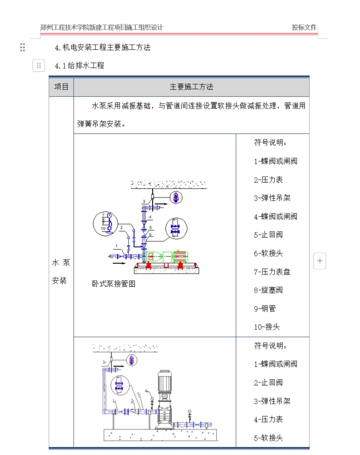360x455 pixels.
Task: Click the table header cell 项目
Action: pos(61,87)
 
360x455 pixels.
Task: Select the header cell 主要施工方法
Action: pos(191,87)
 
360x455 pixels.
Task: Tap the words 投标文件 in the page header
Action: pos(304,27)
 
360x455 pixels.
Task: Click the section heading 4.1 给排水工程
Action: pos(79,66)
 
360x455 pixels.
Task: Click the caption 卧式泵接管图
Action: pos(113,284)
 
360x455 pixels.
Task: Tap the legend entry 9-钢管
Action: pos(265,308)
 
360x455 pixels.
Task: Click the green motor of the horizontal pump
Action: pos(179,257)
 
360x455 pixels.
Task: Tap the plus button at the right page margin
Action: pos(320,261)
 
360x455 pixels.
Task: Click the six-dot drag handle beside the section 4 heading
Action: pos(23,48)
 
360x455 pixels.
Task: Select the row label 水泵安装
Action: pos(61,271)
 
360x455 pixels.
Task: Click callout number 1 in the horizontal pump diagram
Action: pos(117,245)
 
